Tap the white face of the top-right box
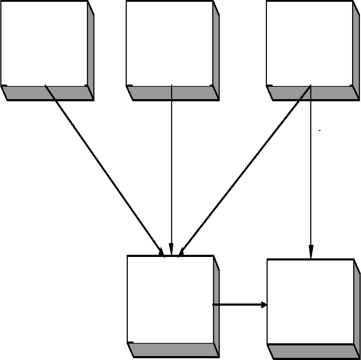point(309,43)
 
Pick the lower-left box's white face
point(170,299)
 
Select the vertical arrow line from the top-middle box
point(171,167)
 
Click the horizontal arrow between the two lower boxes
point(238,305)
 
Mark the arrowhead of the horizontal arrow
point(264,305)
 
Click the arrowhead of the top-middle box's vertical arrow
point(171,249)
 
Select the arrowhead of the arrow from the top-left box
point(161,252)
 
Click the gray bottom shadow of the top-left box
point(48,93)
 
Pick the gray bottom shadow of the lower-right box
point(312,351)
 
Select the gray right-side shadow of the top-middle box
point(216,50)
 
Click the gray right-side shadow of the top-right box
point(356,50)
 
